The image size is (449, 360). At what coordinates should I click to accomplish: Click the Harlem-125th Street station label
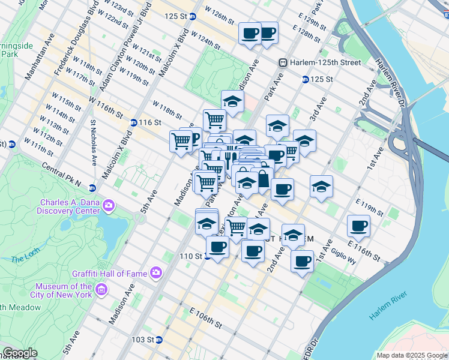pos(327,62)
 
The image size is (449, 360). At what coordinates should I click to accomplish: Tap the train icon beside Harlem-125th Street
pos(282,62)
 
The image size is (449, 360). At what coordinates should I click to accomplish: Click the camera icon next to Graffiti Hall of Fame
pos(156,274)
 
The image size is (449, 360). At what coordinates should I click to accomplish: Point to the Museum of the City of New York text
pos(63,290)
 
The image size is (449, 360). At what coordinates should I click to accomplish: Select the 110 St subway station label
pos(191,256)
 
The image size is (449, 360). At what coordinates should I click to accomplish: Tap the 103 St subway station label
pos(143,340)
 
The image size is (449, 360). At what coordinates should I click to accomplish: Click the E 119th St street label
pos(370,208)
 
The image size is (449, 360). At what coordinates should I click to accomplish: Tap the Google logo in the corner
pos(20,353)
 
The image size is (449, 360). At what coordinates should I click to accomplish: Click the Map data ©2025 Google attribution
pos(411,355)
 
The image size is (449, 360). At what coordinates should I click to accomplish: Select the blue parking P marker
pos(193,139)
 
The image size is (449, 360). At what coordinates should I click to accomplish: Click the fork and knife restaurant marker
pos(228,160)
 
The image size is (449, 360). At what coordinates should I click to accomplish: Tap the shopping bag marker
pos(263,179)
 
